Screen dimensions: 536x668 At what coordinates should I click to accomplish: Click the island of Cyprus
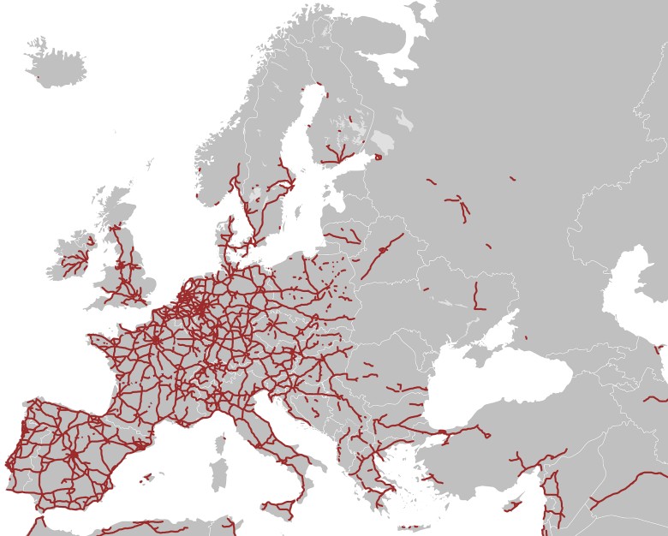(513, 504)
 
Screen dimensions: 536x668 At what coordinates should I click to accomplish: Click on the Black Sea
(492, 385)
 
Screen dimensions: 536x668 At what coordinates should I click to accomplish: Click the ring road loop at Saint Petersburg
(379, 157)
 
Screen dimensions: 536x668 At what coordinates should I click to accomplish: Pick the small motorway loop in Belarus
(379, 251)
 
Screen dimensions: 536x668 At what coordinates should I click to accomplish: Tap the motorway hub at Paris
(157, 340)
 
